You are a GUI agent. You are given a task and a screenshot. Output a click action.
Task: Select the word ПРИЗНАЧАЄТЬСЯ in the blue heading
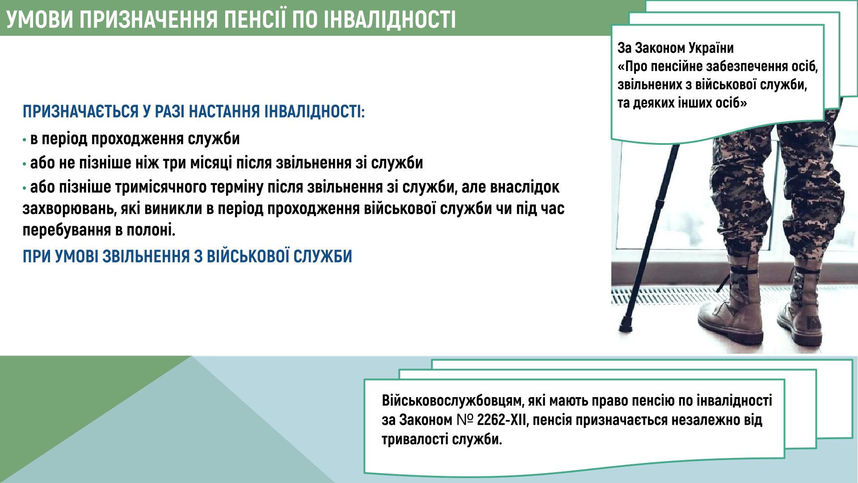(x=81, y=111)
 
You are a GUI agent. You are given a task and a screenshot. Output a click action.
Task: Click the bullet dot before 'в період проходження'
(x=25, y=140)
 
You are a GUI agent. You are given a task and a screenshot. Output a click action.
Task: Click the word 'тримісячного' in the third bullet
(x=161, y=187)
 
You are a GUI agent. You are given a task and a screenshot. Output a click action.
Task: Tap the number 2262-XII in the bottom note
(x=502, y=420)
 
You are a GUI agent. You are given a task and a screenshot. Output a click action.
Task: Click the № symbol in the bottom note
(x=465, y=420)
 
